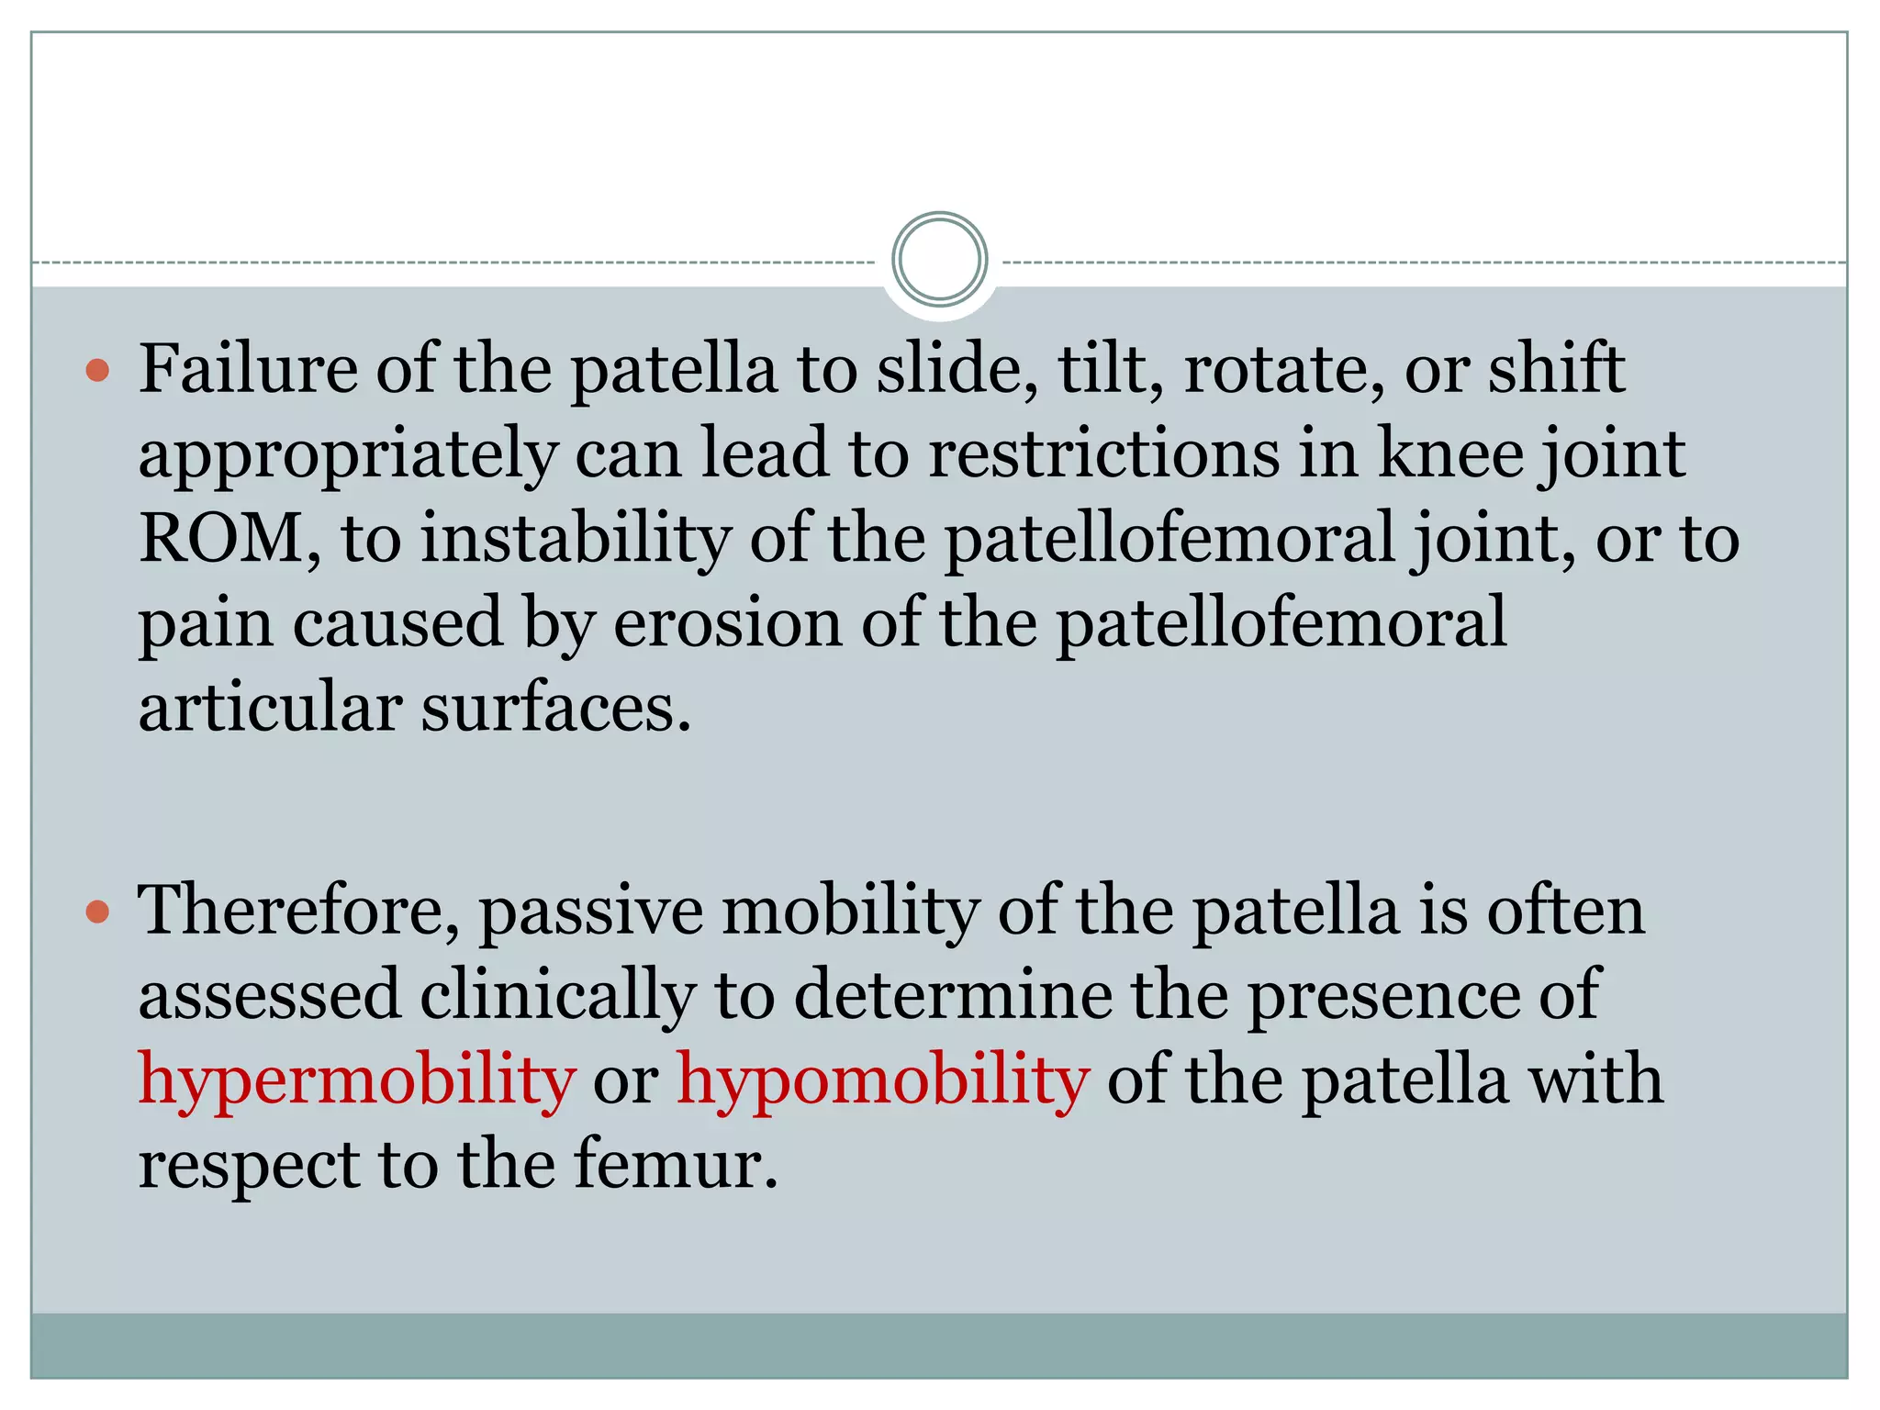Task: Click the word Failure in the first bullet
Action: (248, 369)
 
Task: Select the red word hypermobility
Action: (356, 1081)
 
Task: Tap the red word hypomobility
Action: (883, 1081)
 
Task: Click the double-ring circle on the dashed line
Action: (939, 260)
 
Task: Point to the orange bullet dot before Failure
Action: (97, 371)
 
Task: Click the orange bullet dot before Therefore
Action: (97, 912)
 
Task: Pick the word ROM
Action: (220, 539)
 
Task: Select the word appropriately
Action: (348, 455)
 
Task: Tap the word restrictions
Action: (1103, 453)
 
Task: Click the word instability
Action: (575, 539)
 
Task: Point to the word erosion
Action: (727, 623)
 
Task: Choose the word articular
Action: (270, 709)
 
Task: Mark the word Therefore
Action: (297, 911)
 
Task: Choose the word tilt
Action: (1110, 369)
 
